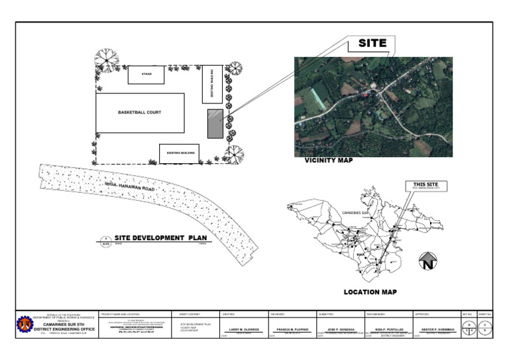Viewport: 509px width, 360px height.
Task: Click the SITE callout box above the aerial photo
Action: coord(372,44)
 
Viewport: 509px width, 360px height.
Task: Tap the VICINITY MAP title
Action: coord(329,160)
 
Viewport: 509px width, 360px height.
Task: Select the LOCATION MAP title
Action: coord(370,292)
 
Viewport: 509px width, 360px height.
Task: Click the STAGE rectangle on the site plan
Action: coord(146,74)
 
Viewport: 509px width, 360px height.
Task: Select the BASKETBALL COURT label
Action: coord(139,112)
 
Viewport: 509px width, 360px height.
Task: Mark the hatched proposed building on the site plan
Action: coord(215,123)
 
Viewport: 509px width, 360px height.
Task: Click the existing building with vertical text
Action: coord(212,84)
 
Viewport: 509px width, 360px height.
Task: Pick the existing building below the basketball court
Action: coord(179,153)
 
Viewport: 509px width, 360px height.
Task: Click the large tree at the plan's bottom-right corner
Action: coord(233,155)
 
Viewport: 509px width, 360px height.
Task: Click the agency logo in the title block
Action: coord(25,324)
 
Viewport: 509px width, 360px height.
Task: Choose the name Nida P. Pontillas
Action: coord(388,329)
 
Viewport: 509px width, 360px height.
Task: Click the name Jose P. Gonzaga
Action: coord(341,329)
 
